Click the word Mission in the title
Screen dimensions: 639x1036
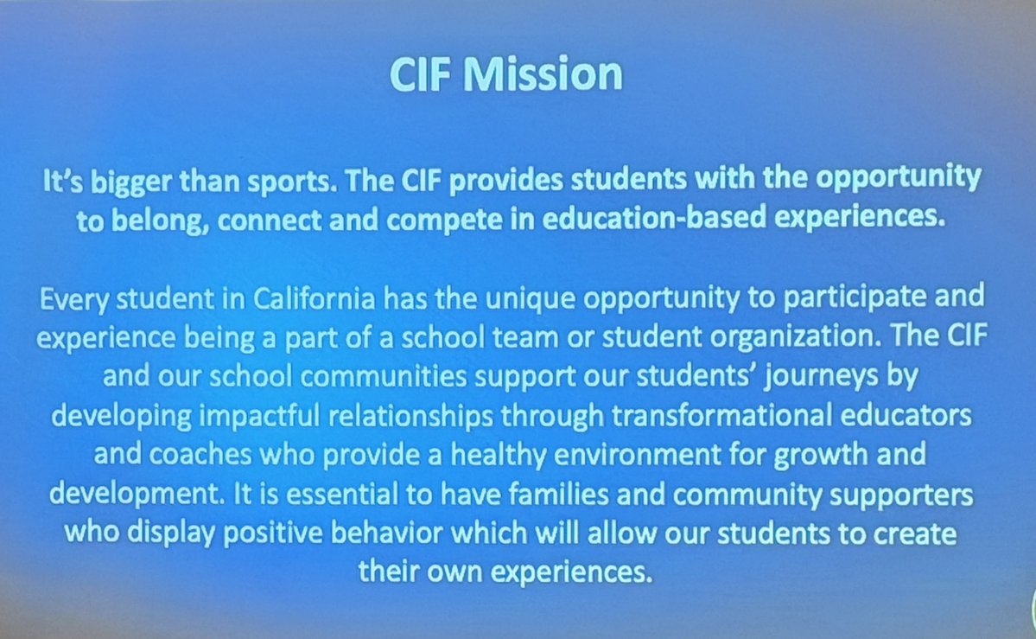point(543,74)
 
